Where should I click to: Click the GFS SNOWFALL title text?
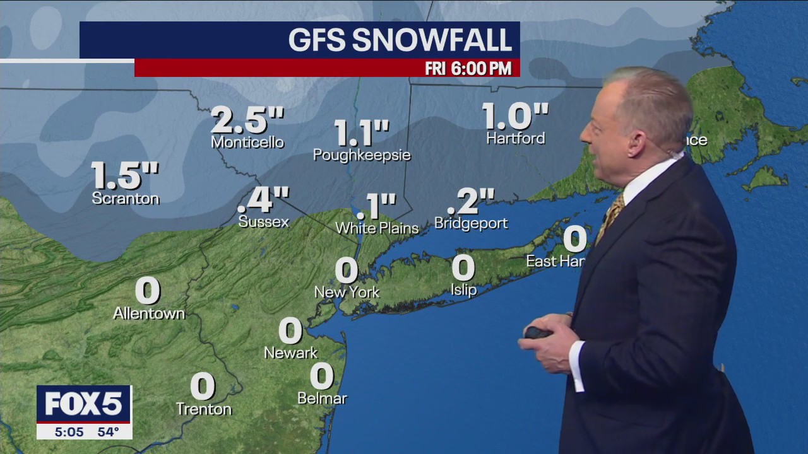(x=400, y=40)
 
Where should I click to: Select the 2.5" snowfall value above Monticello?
(x=247, y=120)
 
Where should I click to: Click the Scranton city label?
(x=126, y=199)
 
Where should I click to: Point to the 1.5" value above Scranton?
(x=125, y=175)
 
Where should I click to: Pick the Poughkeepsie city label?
(x=362, y=155)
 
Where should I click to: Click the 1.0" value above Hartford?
(x=515, y=116)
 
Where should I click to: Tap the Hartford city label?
(x=515, y=138)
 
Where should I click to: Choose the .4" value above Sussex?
(x=263, y=201)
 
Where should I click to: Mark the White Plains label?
(x=377, y=228)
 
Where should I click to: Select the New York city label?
(x=347, y=292)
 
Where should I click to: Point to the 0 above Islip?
(x=463, y=268)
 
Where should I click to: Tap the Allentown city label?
(x=149, y=313)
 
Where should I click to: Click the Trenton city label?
(x=203, y=409)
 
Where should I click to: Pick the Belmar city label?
(x=322, y=399)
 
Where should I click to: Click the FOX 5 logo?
(x=83, y=404)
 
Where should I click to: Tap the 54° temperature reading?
(x=108, y=432)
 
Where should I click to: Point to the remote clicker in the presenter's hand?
(x=537, y=332)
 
